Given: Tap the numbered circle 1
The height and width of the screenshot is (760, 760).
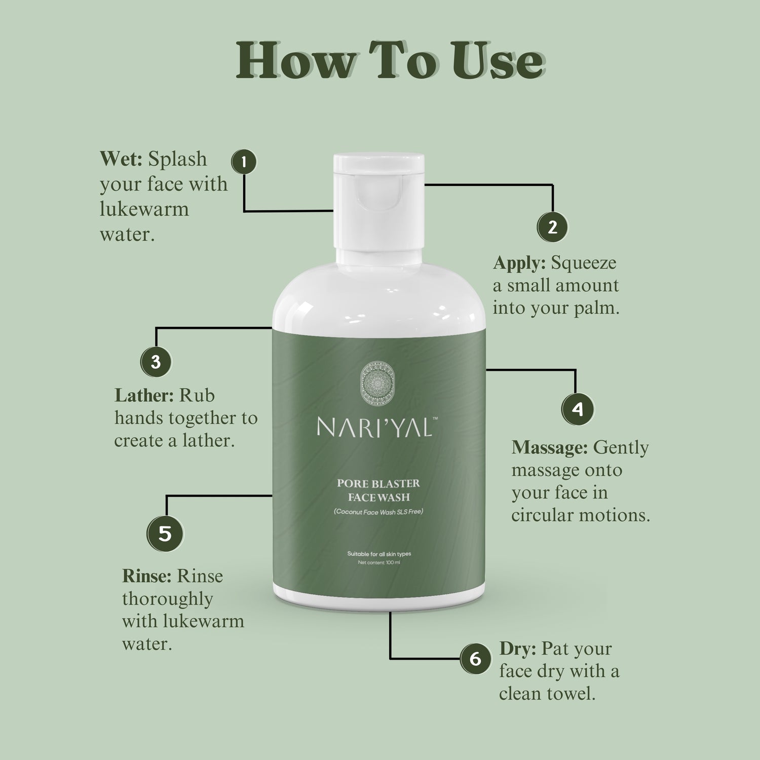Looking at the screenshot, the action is click(x=244, y=162).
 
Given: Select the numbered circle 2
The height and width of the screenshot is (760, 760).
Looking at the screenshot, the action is click(x=552, y=226).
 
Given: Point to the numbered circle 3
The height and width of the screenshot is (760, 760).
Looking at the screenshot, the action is click(x=156, y=362).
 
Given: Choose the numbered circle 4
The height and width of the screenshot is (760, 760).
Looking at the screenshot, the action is click(x=578, y=409).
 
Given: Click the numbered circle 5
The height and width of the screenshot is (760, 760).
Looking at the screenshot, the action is click(x=165, y=533).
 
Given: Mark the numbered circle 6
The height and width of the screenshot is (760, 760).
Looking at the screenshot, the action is click(x=475, y=659).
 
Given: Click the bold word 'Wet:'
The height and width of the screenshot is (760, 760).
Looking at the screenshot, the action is click(x=121, y=159).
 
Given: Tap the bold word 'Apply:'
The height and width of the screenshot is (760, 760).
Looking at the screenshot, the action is click(x=519, y=263).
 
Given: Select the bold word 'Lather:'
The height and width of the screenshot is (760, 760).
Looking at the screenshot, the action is click(x=144, y=395).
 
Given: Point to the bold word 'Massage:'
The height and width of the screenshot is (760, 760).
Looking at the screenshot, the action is click(x=550, y=447).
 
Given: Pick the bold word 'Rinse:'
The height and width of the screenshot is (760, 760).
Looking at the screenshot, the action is click(x=147, y=576).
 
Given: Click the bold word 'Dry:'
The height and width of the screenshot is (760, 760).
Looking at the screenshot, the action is click(x=517, y=649).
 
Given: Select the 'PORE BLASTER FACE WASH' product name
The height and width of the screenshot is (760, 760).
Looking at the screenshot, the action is click(x=378, y=490).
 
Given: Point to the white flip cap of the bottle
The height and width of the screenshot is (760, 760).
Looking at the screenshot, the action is click(x=378, y=203).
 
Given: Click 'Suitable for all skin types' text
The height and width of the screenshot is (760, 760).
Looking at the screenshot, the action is click(x=379, y=554).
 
